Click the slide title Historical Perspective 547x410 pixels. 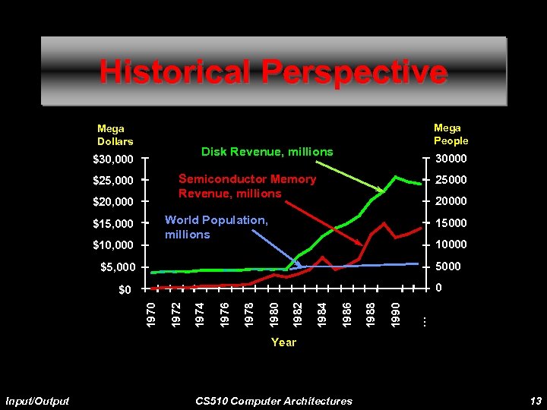tap(273, 73)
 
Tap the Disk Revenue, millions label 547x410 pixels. tap(267, 152)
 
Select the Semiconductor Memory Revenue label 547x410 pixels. tap(247, 186)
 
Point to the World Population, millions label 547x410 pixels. tap(216, 227)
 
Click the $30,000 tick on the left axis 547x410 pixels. tap(112, 159)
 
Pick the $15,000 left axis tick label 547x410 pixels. tap(112, 224)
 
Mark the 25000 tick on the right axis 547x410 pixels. tap(451, 181)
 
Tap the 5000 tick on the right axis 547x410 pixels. tap(447, 266)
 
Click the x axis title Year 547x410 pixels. tap(283, 342)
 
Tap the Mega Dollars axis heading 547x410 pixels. tap(115, 135)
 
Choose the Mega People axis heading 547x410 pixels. tap(451, 134)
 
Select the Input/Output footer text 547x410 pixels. tap(37, 401)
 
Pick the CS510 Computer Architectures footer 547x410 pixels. tap(273, 401)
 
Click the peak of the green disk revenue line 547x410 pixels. tap(397, 176)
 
